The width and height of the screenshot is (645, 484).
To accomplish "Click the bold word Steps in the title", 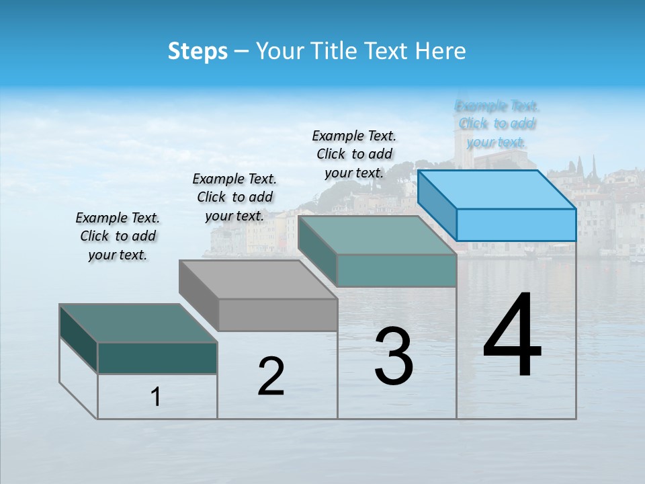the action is click(x=198, y=51).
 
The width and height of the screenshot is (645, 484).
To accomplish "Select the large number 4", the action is click(x=512, y=336).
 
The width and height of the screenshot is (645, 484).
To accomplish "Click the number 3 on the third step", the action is click(x=394, y=356).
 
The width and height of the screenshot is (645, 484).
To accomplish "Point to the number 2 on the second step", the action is click(x=271, y=376).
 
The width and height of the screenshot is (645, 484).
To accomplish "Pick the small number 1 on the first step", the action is click(x=155, y=397).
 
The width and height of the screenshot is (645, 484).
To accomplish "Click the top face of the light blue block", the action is click(x=497, y=189).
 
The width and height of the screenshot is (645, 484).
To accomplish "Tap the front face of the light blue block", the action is click(x=516, y=225).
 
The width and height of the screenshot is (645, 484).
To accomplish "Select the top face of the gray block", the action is click(x=258, y=279).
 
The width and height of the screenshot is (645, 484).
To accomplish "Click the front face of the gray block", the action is click(x=277, y=315).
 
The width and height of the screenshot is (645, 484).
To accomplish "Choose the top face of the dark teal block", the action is click(x=138, y=323).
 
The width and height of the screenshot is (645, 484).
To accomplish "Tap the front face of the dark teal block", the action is click(x=157, y=358).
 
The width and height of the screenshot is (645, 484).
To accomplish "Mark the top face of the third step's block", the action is click(x=377, y=235).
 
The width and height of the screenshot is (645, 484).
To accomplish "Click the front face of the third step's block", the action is click(x=396, y=270).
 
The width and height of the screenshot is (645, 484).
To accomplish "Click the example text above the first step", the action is click(x=118, y=236).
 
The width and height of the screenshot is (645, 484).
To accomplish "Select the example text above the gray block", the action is click(x=234, y=197).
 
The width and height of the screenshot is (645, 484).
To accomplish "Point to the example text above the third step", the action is click(x=354, y=154).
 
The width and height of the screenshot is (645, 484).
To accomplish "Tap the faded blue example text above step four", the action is click(x=497, y=124).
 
